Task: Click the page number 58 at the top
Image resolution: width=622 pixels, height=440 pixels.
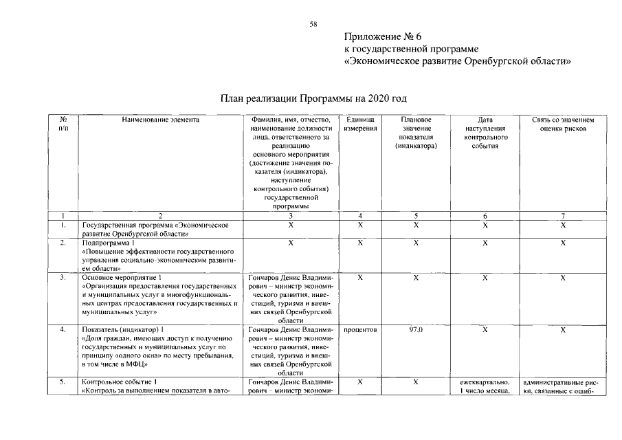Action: (x=313, y=24)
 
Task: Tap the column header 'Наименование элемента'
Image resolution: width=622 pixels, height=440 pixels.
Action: (x=161, y=120)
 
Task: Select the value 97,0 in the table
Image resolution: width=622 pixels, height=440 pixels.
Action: (x=416, y=330)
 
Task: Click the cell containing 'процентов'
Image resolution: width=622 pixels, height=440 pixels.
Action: (x=360, y=330)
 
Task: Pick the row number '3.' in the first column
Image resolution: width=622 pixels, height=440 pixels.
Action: (x=63, y=277)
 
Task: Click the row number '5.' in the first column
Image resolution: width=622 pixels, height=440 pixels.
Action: (x=63, y=382)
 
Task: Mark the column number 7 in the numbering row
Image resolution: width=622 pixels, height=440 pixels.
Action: (x=562, y=216)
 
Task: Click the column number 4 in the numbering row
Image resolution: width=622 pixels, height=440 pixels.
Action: (x=360, y=216)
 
